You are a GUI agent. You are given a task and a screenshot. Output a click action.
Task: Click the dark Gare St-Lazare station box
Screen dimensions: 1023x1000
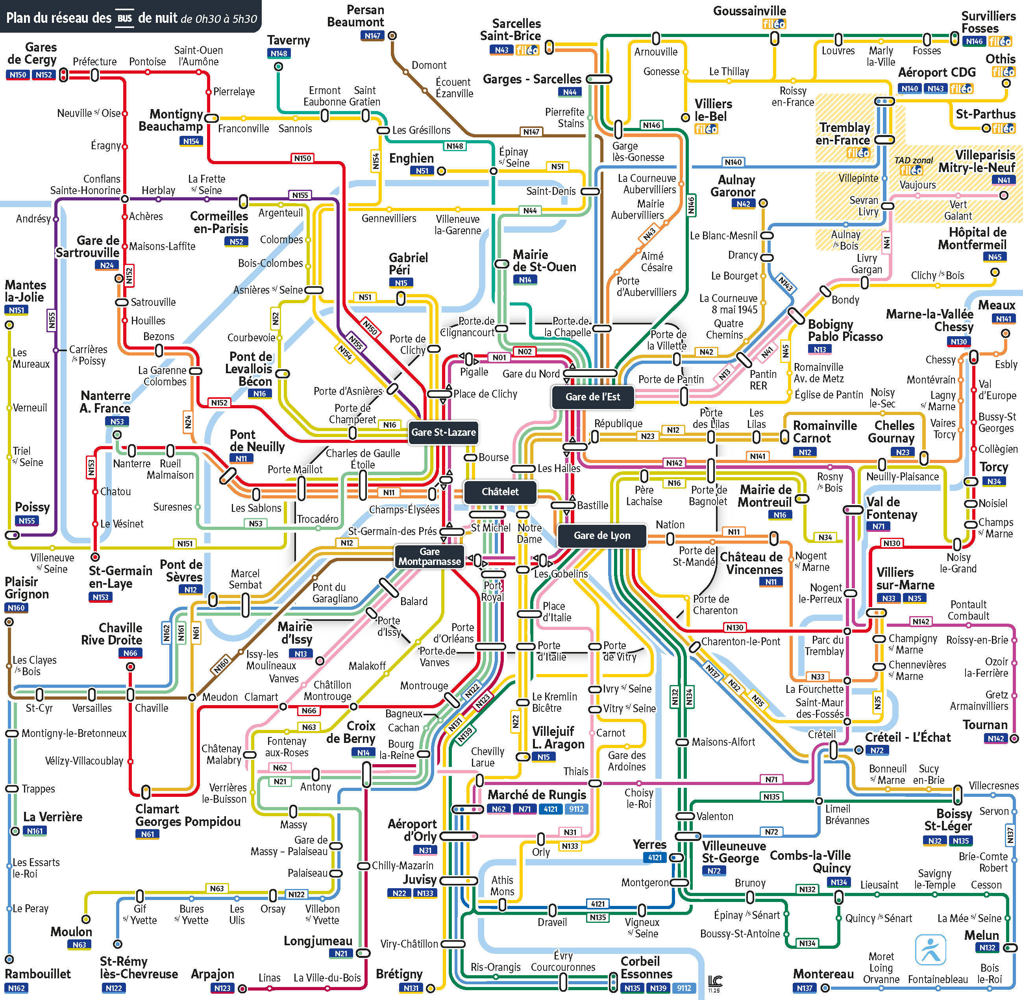click(x=443, y=432)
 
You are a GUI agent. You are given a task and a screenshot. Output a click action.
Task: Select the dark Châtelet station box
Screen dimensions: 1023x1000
click(x=500, y=492)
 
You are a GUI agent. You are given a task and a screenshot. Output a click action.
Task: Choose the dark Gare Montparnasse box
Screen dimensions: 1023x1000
click(x=429, y=556)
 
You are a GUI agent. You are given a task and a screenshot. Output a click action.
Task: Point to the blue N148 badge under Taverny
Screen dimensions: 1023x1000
click(x=279, y=54)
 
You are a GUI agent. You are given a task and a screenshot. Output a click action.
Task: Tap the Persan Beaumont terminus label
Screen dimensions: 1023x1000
click(x=356, y=16)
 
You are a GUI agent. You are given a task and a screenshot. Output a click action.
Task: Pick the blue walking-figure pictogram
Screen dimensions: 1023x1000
click(x=930, y=950)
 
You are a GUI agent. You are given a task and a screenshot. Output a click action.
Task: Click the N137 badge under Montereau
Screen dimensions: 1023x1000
click(x=805, y=988)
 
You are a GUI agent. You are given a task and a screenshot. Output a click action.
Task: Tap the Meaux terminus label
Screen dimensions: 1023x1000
click(x=996, y=305)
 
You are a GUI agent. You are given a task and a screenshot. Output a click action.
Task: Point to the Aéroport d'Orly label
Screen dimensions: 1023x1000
click(x=413, y=830)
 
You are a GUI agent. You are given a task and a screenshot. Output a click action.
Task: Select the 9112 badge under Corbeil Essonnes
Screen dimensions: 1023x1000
click(x=684, y=988)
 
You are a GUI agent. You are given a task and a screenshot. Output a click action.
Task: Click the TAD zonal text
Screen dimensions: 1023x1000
click(x=914, y=160)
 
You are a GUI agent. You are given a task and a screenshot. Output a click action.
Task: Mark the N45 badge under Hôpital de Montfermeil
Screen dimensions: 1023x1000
click(x=995, y=257)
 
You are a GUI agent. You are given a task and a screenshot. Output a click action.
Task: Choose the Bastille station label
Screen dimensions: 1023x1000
click(x=592, y=505)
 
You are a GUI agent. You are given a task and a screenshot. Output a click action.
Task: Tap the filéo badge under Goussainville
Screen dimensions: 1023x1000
click(x=774, y=24)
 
